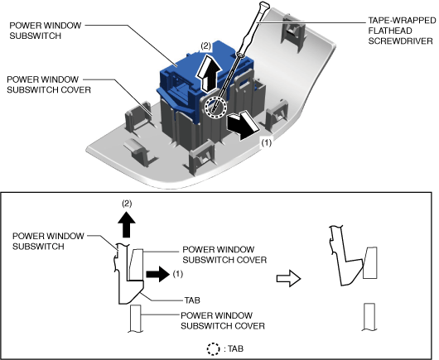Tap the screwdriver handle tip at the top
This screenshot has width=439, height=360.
pyautogui.click(x=264, y=4)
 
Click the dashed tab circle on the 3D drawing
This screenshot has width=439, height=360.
pyautogui.click(x=215, y=107)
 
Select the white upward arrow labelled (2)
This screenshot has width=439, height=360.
pyautogui.click(x=207, y=74)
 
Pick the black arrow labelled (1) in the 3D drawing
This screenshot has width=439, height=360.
pyautogui.click(x=243, y=125)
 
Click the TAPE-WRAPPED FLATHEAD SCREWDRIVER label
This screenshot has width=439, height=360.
pyautogui.click(x=402, y=31)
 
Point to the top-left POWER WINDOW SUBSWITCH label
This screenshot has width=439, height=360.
pyautogui.click(x=45, y=31)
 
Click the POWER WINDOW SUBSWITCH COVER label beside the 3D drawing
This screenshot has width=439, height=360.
pyautogui.click(x=49, y=84)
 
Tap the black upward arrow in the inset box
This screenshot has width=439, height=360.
pyautogui.click(x=127, y=224)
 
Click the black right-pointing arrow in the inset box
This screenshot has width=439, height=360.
pyautogui.click(x=157, y=274)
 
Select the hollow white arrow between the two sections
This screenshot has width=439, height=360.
pyautogui.click(x=288, y=278)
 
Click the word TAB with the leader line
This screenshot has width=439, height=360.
pyautogui.click(x=192, y=300)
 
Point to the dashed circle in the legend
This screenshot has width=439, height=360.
pyautogui.click(x=214, y=348)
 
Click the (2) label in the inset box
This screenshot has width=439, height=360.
pyautogui.click(x=127, y=204)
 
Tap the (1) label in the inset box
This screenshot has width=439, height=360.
pyautogui.click(x=177, y=274)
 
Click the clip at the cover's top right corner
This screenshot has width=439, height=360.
pyautogui.click(x=293, y=31)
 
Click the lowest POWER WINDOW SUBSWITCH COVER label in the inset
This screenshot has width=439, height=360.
pyautogui.click(x=223, y=320)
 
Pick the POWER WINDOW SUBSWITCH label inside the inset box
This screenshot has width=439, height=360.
pyautogui.click(x=48, y=241)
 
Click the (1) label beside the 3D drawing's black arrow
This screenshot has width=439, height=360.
pyautogui.click(x=266, y=143)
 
